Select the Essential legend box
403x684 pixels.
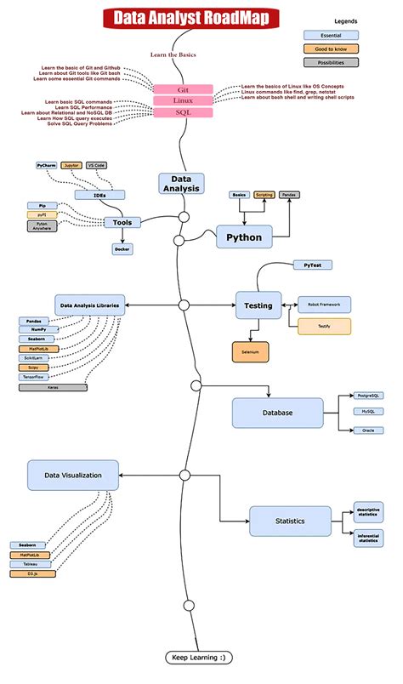331,35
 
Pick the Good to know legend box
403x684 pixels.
331,48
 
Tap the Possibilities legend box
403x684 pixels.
331,62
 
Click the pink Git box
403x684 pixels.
182,88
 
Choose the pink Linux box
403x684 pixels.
182,100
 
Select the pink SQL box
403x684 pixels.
182,112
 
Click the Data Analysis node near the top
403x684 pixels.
181,184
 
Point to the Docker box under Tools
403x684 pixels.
122,249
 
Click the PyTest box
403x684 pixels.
312,265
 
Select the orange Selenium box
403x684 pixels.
250,351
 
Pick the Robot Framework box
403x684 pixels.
324,304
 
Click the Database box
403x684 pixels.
277,413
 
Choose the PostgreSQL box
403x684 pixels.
369,396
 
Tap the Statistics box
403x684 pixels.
289,520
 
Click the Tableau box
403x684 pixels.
31,564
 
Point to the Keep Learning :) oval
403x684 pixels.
197,658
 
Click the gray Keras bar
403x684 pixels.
53,387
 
